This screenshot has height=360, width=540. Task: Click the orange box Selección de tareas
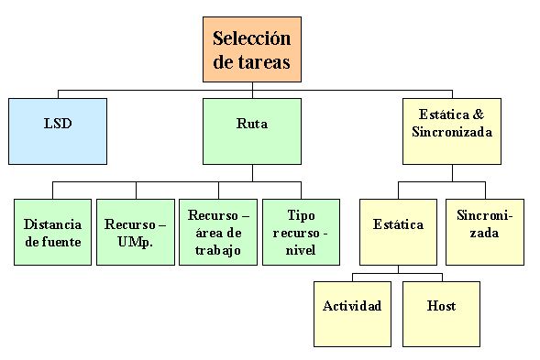(x=251, y=49)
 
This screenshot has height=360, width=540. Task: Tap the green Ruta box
(x=252, y=125)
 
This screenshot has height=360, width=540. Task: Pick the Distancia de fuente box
(x=52, y=233)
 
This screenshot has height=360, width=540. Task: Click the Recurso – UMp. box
(x=135, y=233)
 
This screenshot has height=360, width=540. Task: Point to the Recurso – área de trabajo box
(x=217, y=233)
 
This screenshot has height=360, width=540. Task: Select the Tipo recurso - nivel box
(x=300, y=233)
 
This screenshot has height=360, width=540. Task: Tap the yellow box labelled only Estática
(x=398, y=225)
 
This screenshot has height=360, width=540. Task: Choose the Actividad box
(x=352, y=307)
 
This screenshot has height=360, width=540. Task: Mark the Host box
(x=441, y=307)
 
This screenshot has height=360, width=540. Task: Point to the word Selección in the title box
(x=251, y=38)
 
